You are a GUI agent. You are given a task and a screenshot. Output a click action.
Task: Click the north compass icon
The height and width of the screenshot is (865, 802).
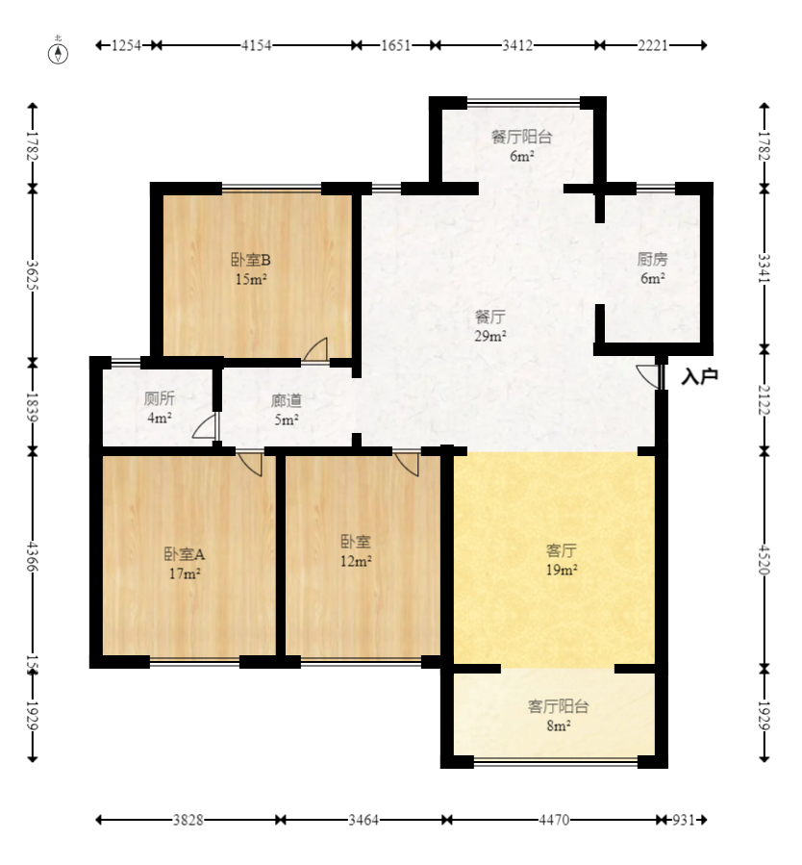tap(60, 51)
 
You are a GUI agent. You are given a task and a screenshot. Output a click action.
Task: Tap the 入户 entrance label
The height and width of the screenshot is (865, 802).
tap(699, 377)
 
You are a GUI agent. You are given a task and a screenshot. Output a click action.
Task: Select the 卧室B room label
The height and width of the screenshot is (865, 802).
tap(250, 260)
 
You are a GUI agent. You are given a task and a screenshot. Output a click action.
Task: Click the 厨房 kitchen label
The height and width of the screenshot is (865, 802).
tap(652, 260)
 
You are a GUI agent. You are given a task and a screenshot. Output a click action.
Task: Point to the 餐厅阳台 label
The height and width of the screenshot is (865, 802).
tap(521, 137)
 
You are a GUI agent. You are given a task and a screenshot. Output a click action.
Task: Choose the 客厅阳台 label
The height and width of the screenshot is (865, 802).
tap(558, 706)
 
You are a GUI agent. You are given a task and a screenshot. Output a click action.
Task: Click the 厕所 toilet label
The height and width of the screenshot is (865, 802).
tap(159, 399)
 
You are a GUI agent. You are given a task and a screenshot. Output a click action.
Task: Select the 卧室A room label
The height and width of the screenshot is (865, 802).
tap(185, 554)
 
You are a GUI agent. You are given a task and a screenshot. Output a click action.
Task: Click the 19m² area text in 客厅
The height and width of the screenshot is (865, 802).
tap(562, 571)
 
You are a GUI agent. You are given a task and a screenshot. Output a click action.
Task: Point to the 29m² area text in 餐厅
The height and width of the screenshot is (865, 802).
tap(490, 336)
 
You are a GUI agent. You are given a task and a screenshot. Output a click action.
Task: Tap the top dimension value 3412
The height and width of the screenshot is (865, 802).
tap(517, 45)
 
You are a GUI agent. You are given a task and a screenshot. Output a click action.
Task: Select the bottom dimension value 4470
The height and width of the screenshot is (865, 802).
tap(554, 821)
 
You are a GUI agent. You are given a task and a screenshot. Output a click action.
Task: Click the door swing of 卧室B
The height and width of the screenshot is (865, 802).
tap(316, 350)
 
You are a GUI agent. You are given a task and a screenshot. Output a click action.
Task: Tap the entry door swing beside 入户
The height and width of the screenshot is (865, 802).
tap(648, 375)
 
